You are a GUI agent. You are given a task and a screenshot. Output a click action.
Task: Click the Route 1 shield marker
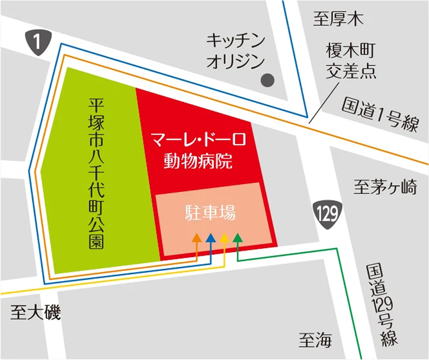point(38,42)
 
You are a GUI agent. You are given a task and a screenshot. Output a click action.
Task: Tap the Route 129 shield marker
point(328,215)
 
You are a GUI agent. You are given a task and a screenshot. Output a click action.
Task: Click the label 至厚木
point(338,19)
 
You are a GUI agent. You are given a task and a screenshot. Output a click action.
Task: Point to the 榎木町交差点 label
point(351,61)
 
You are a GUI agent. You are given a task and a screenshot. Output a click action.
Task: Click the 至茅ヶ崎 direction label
point(385,187)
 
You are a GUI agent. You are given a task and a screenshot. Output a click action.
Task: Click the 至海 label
point(315,340)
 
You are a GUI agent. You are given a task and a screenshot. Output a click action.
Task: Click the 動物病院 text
point(198,161)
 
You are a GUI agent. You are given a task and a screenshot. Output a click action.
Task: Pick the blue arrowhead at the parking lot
point(210,238)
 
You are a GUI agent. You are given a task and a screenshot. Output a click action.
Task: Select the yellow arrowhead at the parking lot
point(224,238)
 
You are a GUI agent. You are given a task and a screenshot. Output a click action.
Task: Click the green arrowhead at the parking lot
point(238,238)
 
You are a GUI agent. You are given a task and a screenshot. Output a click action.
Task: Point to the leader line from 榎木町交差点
point(324,100)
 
